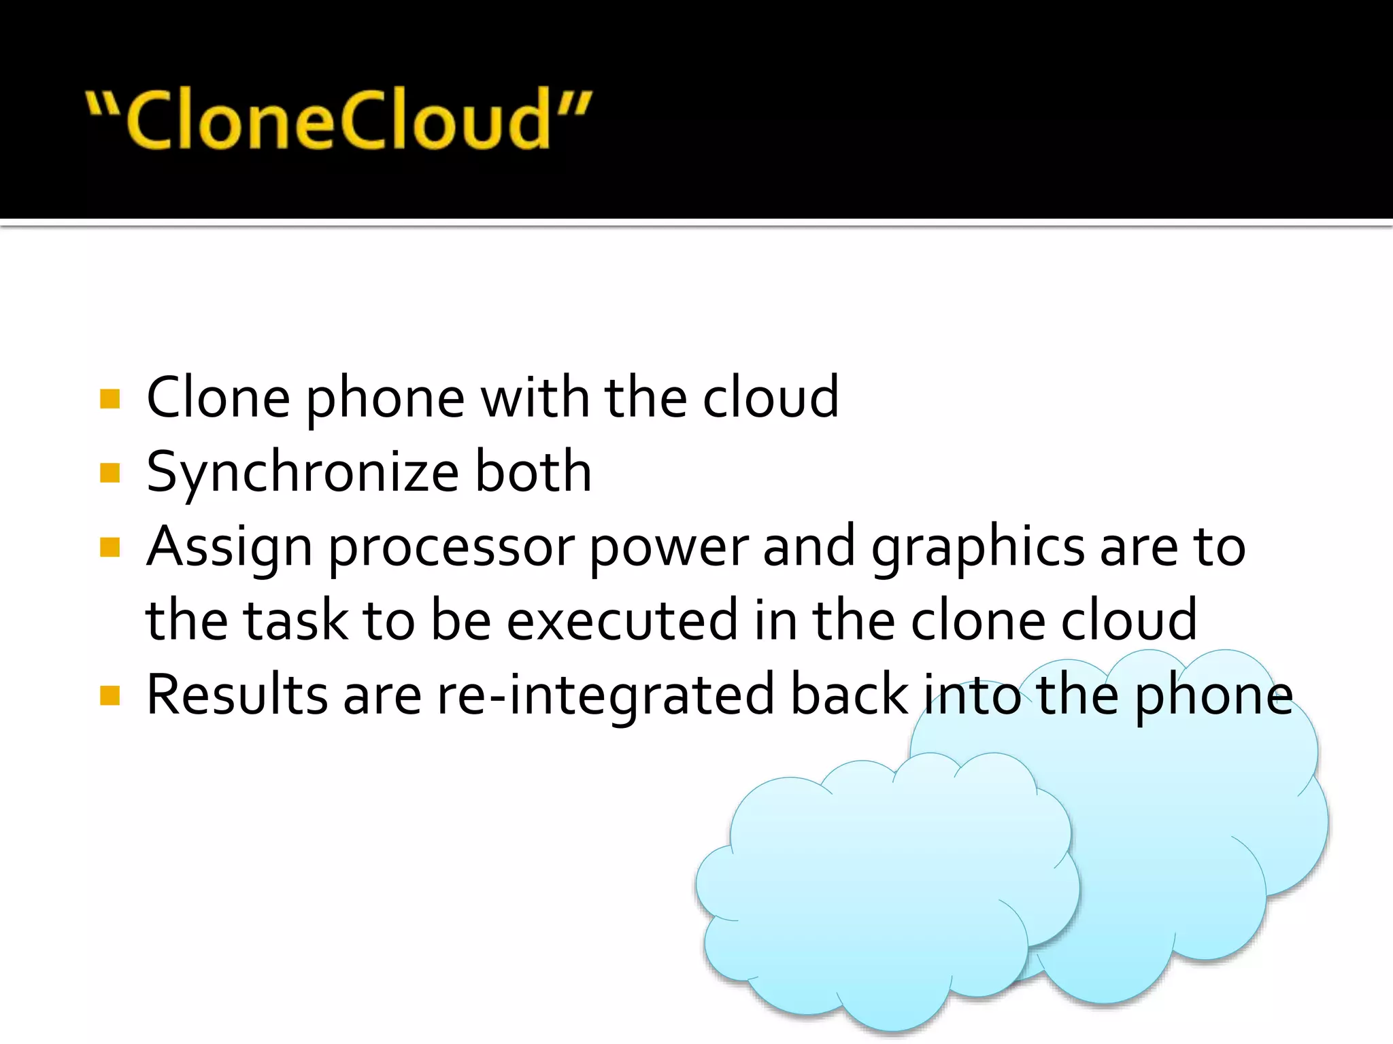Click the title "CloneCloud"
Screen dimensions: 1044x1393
(x=339, y=120)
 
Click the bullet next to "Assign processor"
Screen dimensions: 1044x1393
(x=110, y=547)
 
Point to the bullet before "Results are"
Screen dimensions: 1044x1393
(x=110, y=695)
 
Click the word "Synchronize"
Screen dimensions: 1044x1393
(x=303, y=473)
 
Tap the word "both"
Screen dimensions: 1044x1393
(x=533, y=472)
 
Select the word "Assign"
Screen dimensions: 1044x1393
(x=229, y=548)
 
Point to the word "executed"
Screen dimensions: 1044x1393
(x=622, y=621)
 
